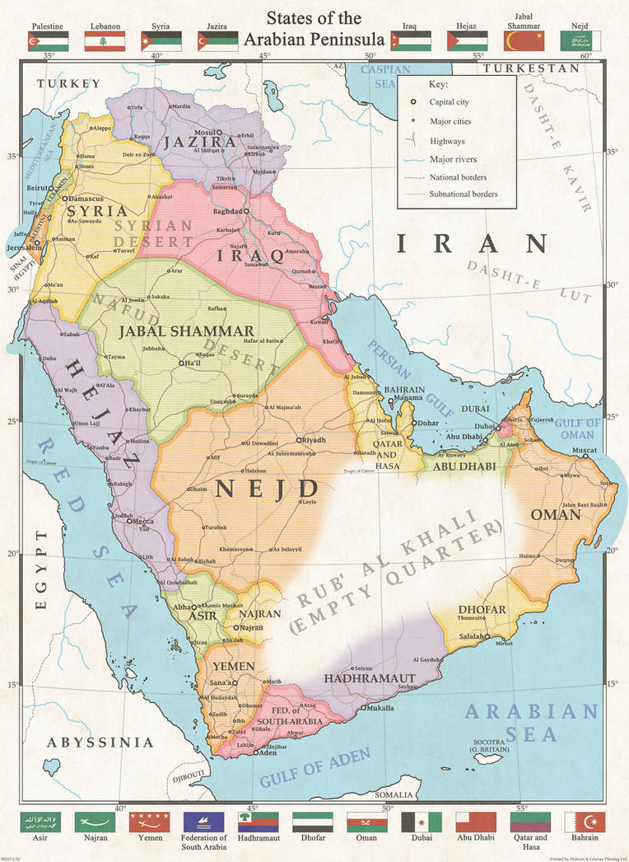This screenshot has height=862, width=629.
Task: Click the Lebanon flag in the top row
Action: point(105,41)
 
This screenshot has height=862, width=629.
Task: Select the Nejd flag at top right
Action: point(580,41)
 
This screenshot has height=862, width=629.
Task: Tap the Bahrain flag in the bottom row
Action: point(585,822)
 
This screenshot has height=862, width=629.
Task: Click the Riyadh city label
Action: point(317,440)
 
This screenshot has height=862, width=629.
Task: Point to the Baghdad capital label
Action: point(226,212)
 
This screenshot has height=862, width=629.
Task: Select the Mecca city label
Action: point(145,521)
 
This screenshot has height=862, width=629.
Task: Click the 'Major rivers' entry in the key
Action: point(452,159)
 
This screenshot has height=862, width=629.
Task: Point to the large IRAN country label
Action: point(472,244)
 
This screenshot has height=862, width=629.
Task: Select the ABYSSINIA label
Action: point(100,743)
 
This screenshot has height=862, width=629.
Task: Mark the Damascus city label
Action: point(85,199)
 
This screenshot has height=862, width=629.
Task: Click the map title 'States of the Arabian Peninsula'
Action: point(313,28)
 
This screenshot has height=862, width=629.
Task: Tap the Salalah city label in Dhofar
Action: point(470,637)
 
